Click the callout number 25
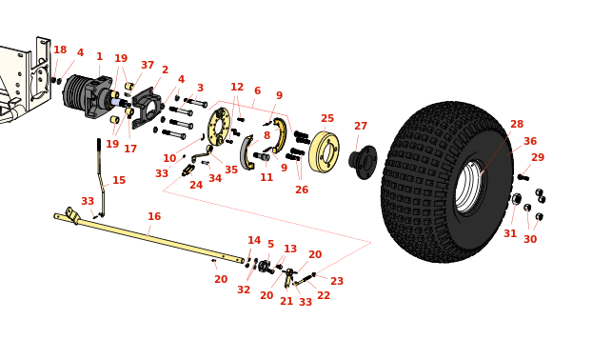pyautogui.click(x=327, y=118)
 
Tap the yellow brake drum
pyautogui.click(x=324, y=152)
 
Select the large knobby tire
pyautogui.click(x=447, y=182)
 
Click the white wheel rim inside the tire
pyautogui.click(x=470, y=187)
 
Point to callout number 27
pyautogui.click(x=361, y=126)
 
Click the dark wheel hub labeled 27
pyautogui.click(x=363, y=162)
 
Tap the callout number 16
pyautogui.click(x=154, y=216)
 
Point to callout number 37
pyautogui.click(x=148, y=65)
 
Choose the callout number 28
pyautogui.click(x=517, y=124)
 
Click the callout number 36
pyautogui.click(x=529, y=141)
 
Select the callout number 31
pyautogui.click(x=510, y=233)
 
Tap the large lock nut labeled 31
pyautogui.click(x=517, y=199)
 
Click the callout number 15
pyautogui.click(x=119, y=180)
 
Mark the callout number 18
pyautogui.click(x=60, y=50)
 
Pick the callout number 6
pyautogui.click(x=257, y=90)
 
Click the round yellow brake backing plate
pyautogui.click(x=218, y=127)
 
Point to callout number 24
pyautogui.click(x=196, y=185)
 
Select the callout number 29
pyautogui.click(x=538, y=157)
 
